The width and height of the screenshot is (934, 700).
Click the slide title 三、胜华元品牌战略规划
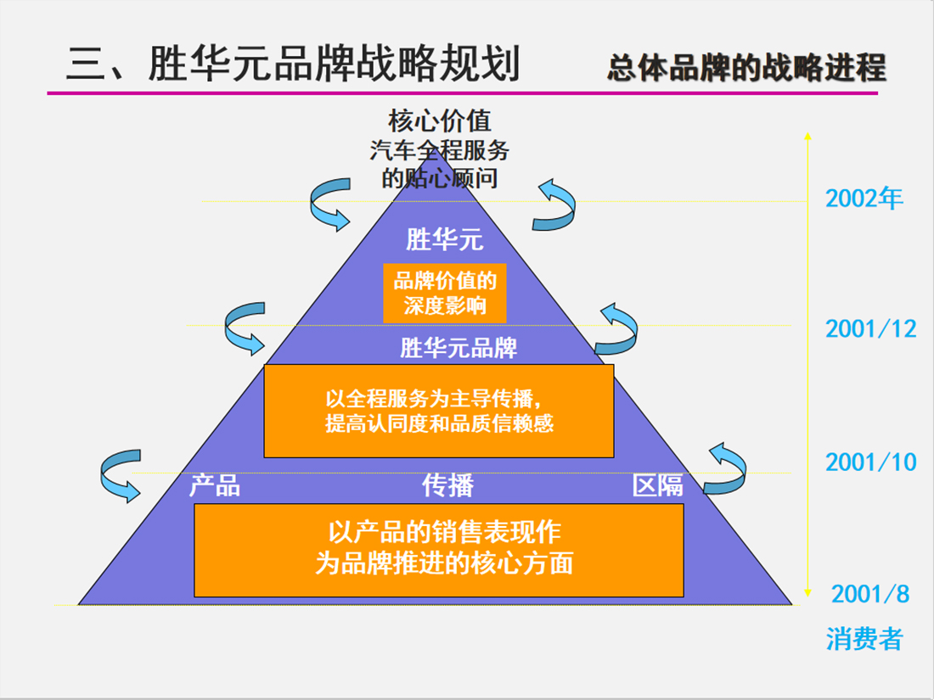293,64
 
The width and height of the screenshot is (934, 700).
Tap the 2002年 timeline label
864,198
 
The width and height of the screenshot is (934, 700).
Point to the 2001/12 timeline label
870,328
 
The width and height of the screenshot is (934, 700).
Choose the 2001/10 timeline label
870,462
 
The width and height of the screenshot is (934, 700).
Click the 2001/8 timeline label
870,594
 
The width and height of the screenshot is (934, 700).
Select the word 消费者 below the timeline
864,639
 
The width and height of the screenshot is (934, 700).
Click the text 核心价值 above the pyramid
440,120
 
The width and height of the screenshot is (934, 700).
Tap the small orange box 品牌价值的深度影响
445,293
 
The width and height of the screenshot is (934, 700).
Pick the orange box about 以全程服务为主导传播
439,411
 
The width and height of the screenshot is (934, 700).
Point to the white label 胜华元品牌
459,348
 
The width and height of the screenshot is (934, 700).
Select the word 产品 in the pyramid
214,485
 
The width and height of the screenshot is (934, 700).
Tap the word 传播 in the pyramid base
447,485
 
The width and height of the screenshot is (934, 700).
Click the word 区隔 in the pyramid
657,485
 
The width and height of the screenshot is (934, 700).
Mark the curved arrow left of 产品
120,476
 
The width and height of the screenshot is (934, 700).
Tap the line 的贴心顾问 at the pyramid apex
440,179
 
